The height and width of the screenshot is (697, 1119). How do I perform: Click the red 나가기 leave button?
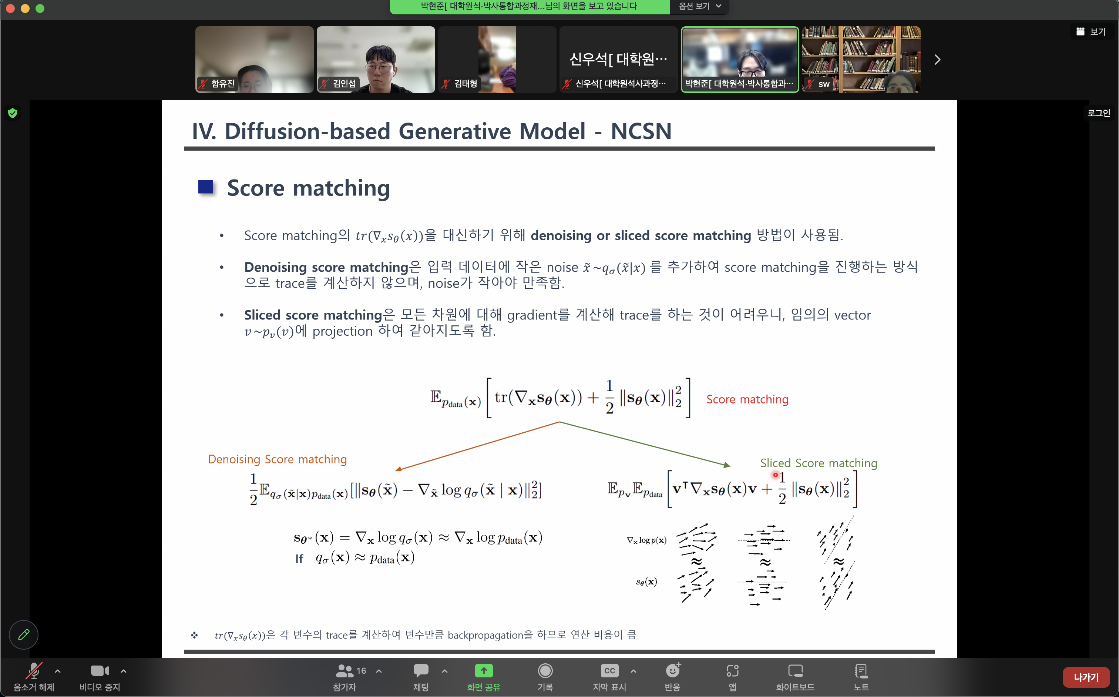pos(1086,677)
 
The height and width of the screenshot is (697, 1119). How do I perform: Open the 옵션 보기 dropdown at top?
pos(699,6)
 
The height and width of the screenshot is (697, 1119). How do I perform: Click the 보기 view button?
pos(1091,31)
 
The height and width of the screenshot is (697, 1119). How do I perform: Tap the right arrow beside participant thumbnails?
pos(937,60)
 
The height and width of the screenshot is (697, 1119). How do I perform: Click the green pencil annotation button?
pos(24,635)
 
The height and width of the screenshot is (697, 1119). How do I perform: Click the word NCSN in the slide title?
pos(641,131)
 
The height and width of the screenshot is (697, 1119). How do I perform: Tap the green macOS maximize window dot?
pos(40,8)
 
